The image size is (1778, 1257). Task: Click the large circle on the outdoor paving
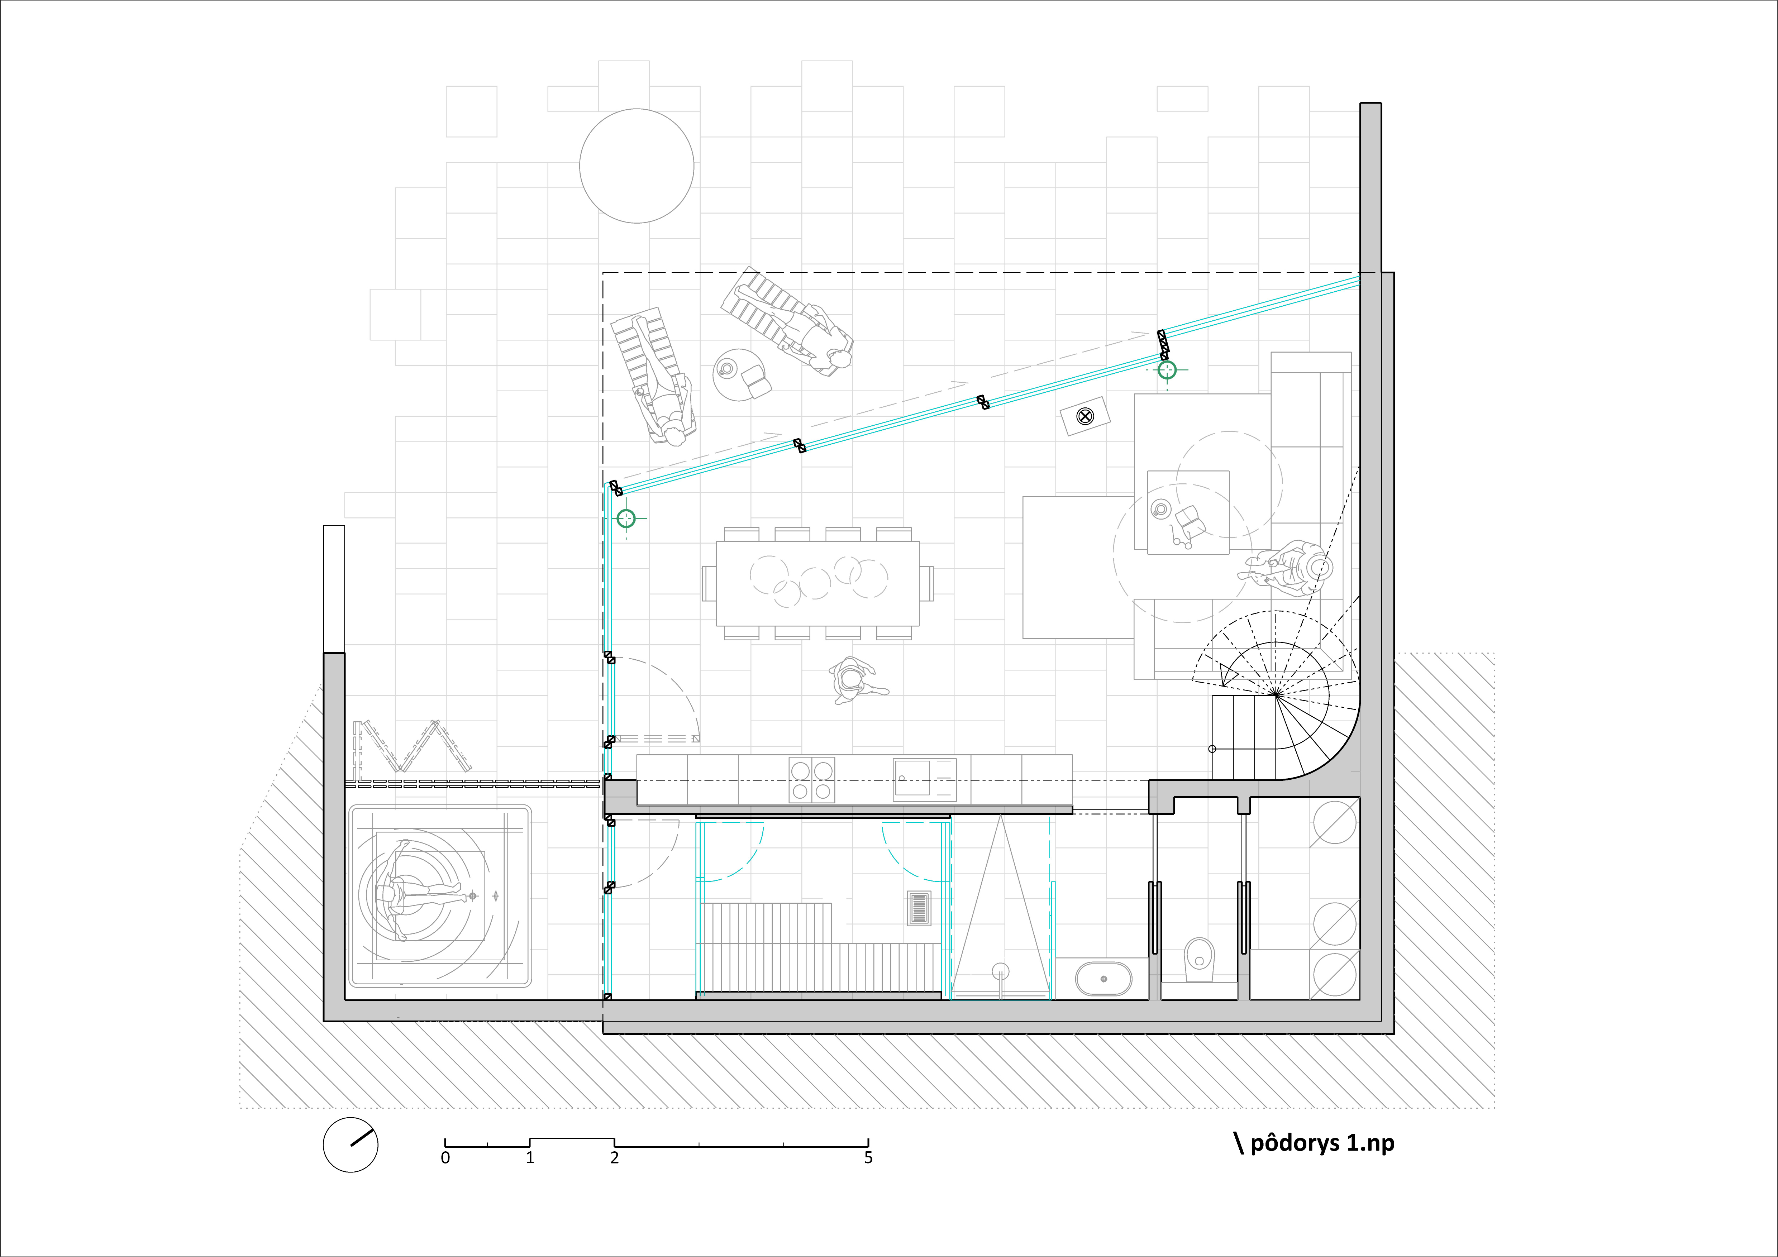coord(637,166)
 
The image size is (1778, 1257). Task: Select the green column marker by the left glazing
coord(626,518)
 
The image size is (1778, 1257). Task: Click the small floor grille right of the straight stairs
coord(919,909)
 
